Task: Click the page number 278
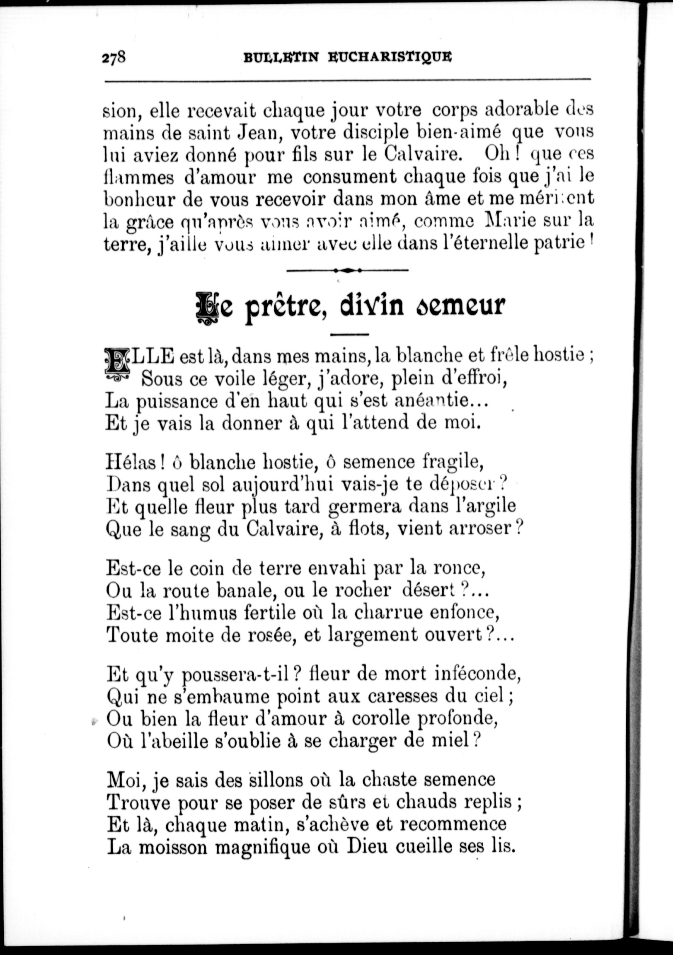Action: click(114, 57)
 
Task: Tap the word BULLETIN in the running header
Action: click(281, 57)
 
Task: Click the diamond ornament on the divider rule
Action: click(348, 270)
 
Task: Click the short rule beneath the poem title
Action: click(349, 334)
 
